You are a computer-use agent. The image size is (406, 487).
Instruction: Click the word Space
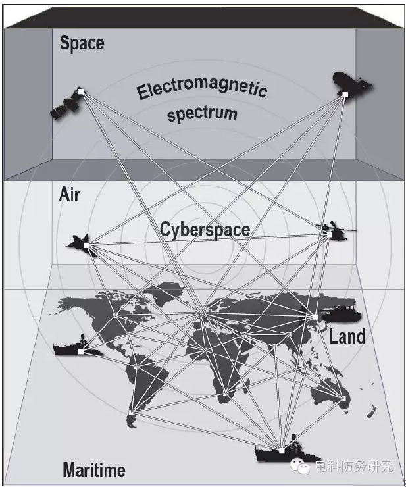point(82,43)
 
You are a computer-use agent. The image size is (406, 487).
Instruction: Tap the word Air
point(70,195)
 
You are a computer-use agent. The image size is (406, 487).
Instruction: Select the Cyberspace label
point(205,230)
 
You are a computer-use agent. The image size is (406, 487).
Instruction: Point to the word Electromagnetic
point(202,90)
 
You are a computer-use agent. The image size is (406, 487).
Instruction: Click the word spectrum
point(202,114)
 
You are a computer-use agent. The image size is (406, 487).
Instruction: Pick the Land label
point(347,337)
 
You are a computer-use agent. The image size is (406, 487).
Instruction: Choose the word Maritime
point(94,470)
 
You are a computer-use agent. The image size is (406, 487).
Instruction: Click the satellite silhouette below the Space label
point(67,104)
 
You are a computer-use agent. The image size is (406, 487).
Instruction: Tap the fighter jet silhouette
point(82,245)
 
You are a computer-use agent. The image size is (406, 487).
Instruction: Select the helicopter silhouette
point(335,232)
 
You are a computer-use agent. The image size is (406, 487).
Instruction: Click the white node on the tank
point(315,317)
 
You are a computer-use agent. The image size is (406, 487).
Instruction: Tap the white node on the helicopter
point(329,234)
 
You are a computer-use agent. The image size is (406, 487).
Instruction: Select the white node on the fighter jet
point(87,245)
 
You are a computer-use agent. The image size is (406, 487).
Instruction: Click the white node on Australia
point(344,398)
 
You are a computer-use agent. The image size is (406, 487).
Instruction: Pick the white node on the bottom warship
point(282,451)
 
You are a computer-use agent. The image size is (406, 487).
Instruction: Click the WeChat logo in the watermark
point(300,467)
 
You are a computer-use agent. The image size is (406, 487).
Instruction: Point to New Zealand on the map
point(372,411)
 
